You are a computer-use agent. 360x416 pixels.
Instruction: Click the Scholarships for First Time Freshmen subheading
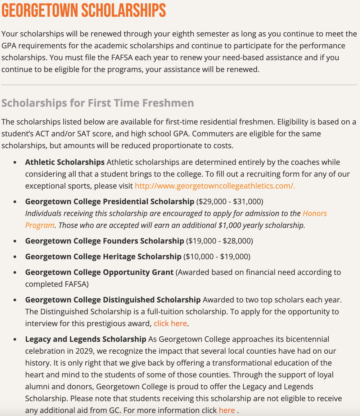(98, 103)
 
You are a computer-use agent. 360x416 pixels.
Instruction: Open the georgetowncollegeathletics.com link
(215, 186)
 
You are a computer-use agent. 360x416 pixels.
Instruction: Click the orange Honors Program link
(315, 213)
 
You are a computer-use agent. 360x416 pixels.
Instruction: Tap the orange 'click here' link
(170, 323)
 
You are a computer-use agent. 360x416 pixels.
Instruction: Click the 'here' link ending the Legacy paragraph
(227, 410)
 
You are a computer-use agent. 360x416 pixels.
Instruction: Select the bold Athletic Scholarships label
(65, 162)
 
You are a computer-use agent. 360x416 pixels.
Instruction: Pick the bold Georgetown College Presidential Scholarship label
(109, 201)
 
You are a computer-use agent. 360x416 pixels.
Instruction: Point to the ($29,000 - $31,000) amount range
(230, 201)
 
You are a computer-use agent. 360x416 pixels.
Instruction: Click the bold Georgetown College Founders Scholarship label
(104, 241)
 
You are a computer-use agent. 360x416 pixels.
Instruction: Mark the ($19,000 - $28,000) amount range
(220, 241)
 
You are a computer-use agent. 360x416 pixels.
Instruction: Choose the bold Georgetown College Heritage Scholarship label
(103, 256)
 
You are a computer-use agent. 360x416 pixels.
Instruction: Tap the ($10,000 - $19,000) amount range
(217, 256)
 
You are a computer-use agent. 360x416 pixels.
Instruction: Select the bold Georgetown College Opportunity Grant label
(99, 272)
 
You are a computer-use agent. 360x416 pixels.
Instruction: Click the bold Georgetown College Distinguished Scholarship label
(113, 300)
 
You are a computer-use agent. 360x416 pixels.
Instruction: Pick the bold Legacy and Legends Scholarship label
(86, 339)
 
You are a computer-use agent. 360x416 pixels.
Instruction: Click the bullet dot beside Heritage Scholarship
(15, 257)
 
